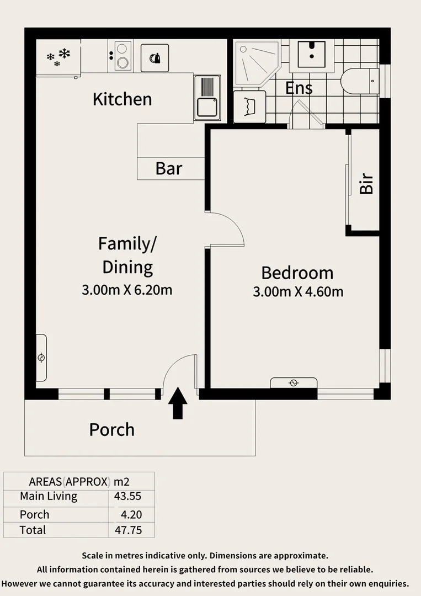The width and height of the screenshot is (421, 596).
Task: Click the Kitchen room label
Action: click(122, 99)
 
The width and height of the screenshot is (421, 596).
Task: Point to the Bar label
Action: click(169, 168)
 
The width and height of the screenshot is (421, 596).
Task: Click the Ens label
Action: click(299, 88)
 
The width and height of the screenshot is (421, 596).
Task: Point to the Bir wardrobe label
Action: click(366, 184)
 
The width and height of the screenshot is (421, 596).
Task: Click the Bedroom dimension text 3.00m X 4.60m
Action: click(298, 291)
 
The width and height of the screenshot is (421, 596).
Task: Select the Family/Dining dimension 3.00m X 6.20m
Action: click(127, 289)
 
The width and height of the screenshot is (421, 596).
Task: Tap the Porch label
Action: click(112, 429)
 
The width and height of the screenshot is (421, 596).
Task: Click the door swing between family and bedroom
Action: click(226, 229)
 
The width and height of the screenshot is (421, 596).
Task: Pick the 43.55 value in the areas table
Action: click(127, 496)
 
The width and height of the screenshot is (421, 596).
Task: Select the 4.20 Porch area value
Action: click(131, 514)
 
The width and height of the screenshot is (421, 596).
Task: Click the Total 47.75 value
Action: click(127, 530)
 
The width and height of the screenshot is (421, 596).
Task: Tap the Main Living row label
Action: click(49, 496)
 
